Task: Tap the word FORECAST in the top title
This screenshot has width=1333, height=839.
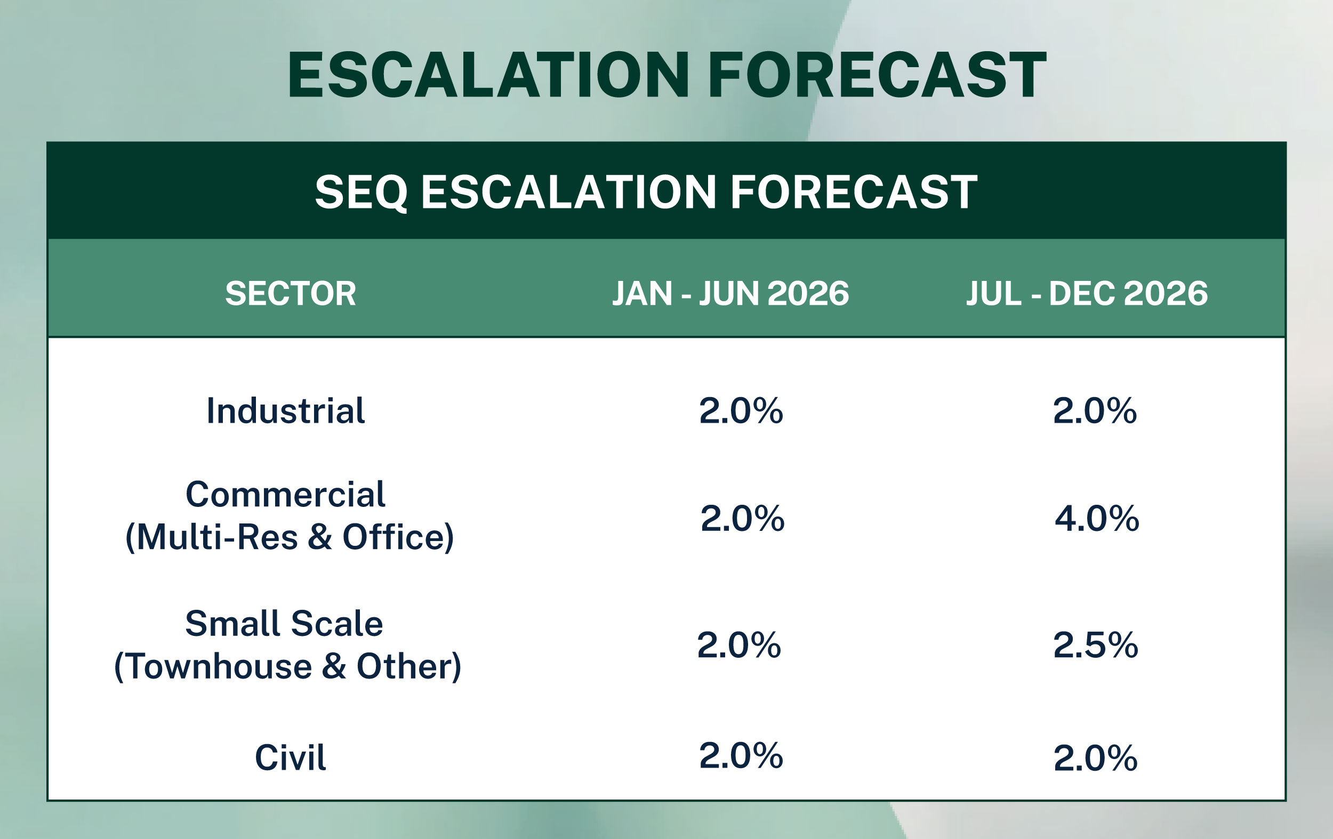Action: (x=878, y=75)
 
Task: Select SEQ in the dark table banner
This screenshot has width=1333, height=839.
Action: (x=361, y=192)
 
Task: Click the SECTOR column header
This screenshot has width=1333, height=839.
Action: (x=291, y=293)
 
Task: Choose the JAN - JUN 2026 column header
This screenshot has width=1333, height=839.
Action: (x=730, y=293)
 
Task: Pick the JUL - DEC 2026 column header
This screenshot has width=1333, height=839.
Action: (x=1087, y=293)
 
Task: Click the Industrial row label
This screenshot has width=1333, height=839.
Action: (x=286, y=411)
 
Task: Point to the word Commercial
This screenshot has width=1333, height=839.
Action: (x=286, y=494)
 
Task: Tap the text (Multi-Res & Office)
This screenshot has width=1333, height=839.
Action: (x=290, y=537)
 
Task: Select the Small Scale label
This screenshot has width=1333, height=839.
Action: (x=284, y=624)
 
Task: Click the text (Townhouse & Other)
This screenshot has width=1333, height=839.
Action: (x=287, y=666)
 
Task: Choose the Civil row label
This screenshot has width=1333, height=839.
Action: (x=290, y=757)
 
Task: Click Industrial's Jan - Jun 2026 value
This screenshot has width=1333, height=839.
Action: (x=741, y=410)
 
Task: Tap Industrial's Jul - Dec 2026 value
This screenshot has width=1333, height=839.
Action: (x=1095, y=410)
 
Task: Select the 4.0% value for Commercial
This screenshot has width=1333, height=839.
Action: (x=1097, y=519)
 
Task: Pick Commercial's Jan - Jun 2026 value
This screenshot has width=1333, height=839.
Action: (x=742, y=519)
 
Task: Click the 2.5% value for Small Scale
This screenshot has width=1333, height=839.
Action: (x=1096, y=646)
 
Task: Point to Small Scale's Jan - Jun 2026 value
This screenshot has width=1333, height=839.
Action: (x=739, y=646)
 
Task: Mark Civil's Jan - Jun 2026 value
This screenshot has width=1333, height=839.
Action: (x=741, y=755)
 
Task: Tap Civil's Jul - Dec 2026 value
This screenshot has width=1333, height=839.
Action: (x=1096, y=758)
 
